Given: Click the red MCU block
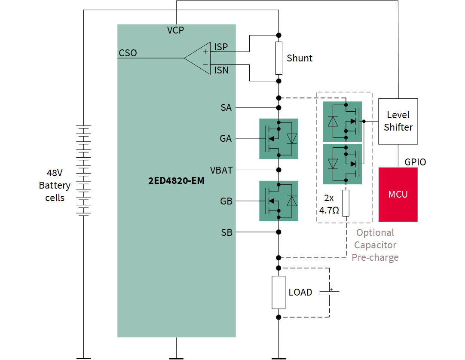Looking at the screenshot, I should (x=398, y=194).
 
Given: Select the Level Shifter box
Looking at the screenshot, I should (x=398, y=121).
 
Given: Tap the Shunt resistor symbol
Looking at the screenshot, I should (x=279, y=58).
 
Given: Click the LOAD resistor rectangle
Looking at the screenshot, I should (x=278, y=293).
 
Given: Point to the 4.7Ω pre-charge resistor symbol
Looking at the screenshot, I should (x=346, y=203).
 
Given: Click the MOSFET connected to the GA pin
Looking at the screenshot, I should (x=278, y=139).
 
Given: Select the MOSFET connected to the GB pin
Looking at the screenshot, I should (x=278, y=201).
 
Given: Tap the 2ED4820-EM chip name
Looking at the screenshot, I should (x=176, y=181).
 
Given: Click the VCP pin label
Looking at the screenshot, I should (x=175, y=30).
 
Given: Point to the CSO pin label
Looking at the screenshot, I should (x=128, y=53).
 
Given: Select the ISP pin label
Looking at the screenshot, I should (x=221, y=47).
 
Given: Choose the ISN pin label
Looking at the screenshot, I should (x=221, y=70).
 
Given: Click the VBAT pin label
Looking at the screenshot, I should (x=221, y=170).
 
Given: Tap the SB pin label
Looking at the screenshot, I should (x=226, y=232).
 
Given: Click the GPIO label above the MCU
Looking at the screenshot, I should (x=415, y=162).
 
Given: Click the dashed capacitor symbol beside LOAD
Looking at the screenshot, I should (x=330, y=292).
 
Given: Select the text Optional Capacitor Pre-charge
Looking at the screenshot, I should (x=375, y=245).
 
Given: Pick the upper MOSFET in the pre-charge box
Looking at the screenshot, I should (x=342, y=122).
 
